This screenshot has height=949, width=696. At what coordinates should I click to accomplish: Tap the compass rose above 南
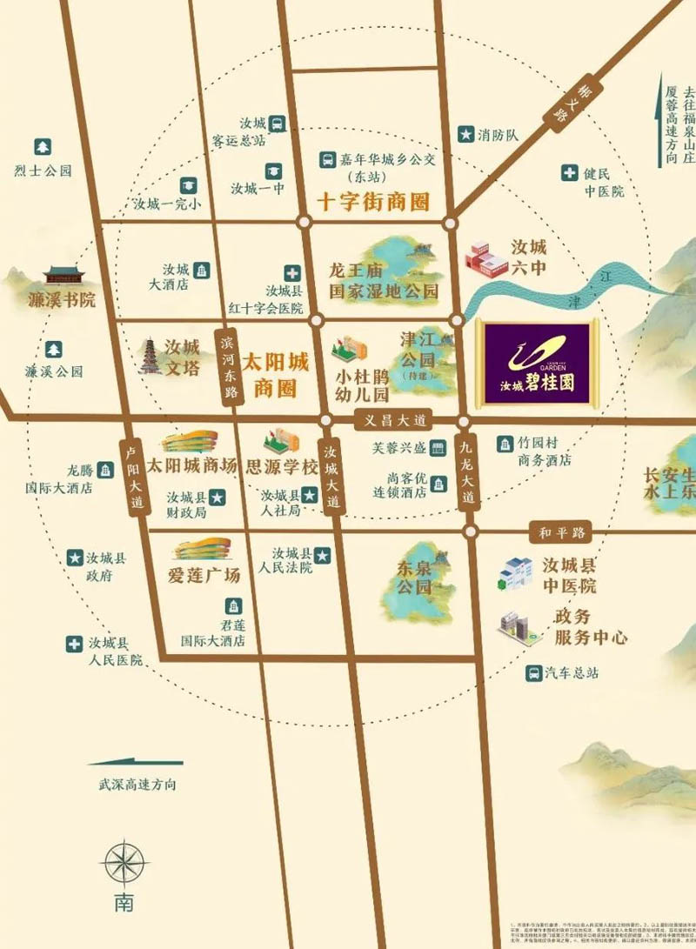(124, 864)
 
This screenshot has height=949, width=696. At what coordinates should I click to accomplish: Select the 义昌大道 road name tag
(395, 421)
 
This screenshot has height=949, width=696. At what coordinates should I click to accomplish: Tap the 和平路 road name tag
(562, 530)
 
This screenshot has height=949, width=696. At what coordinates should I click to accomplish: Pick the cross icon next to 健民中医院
(569, 173)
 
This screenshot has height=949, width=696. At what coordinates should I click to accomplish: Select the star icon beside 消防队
(466, 134)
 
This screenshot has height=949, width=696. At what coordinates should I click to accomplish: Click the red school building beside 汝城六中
(487, 256)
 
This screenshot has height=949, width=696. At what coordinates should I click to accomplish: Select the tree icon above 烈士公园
(42, 147)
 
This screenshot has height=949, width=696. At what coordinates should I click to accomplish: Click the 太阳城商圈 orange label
(275, 374)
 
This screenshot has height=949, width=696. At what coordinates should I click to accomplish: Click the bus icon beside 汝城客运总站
(277, 124)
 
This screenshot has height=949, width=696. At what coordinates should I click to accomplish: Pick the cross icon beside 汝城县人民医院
(75, 644)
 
